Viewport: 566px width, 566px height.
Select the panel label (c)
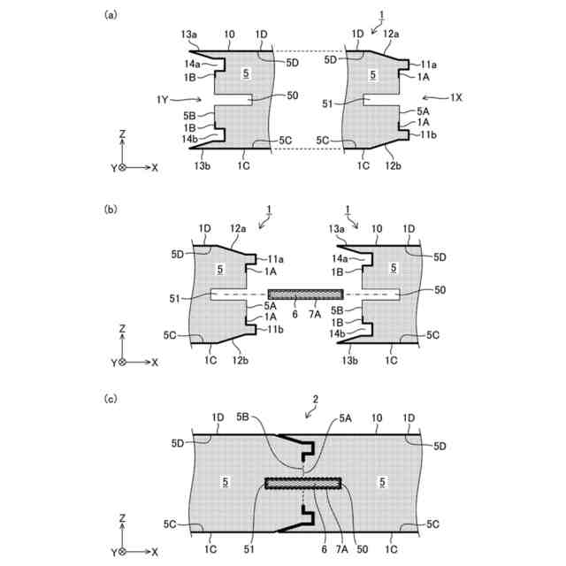(x=110, y=398)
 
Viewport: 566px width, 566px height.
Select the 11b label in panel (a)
(x=428, y=133)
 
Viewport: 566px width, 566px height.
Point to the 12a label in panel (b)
(x=238, y=229)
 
